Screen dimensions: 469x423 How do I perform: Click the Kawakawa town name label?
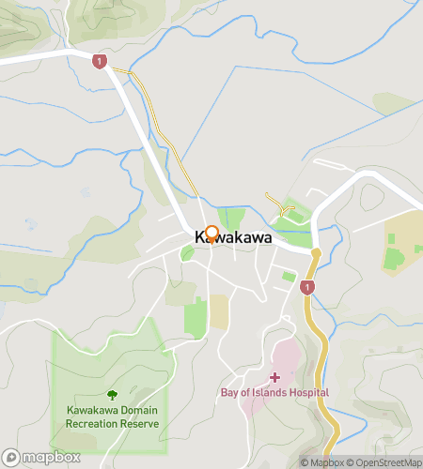coord(233,239)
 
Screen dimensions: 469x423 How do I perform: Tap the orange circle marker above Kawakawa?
coord(211,233)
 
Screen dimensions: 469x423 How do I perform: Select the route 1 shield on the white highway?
coord(100,61)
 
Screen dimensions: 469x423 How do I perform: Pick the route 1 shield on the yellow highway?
coord(307,288)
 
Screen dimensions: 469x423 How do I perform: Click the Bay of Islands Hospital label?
coord(274,392)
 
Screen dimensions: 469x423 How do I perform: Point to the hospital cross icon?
coord(274,377)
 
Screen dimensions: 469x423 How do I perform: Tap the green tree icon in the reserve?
coord(112,396)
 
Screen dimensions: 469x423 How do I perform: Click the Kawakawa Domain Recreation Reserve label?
coord(112,417)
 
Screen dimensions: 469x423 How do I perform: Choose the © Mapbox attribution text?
coord(321,462)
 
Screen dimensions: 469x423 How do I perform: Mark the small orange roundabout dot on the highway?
coord(316,253)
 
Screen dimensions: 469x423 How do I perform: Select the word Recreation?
coord(91,424)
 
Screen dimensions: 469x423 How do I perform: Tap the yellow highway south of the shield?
coord(324,347)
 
